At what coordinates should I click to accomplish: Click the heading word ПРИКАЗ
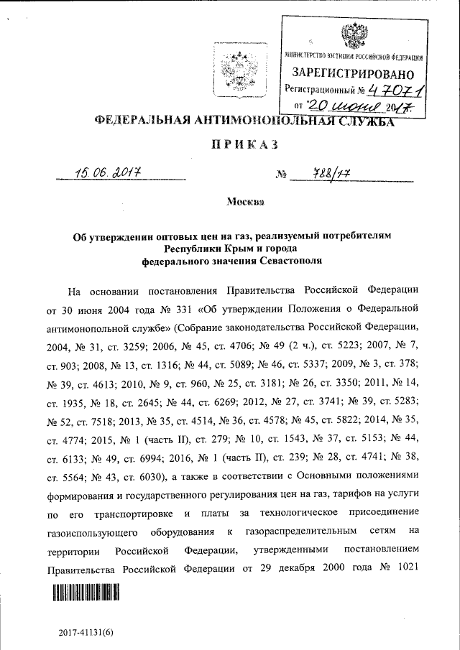(x=244, y=147)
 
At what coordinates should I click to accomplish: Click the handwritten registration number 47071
(x=395, y=90)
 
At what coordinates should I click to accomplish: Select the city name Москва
(x=244, y=203)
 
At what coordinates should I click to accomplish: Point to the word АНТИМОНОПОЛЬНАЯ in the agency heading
(x=266, y=121)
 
